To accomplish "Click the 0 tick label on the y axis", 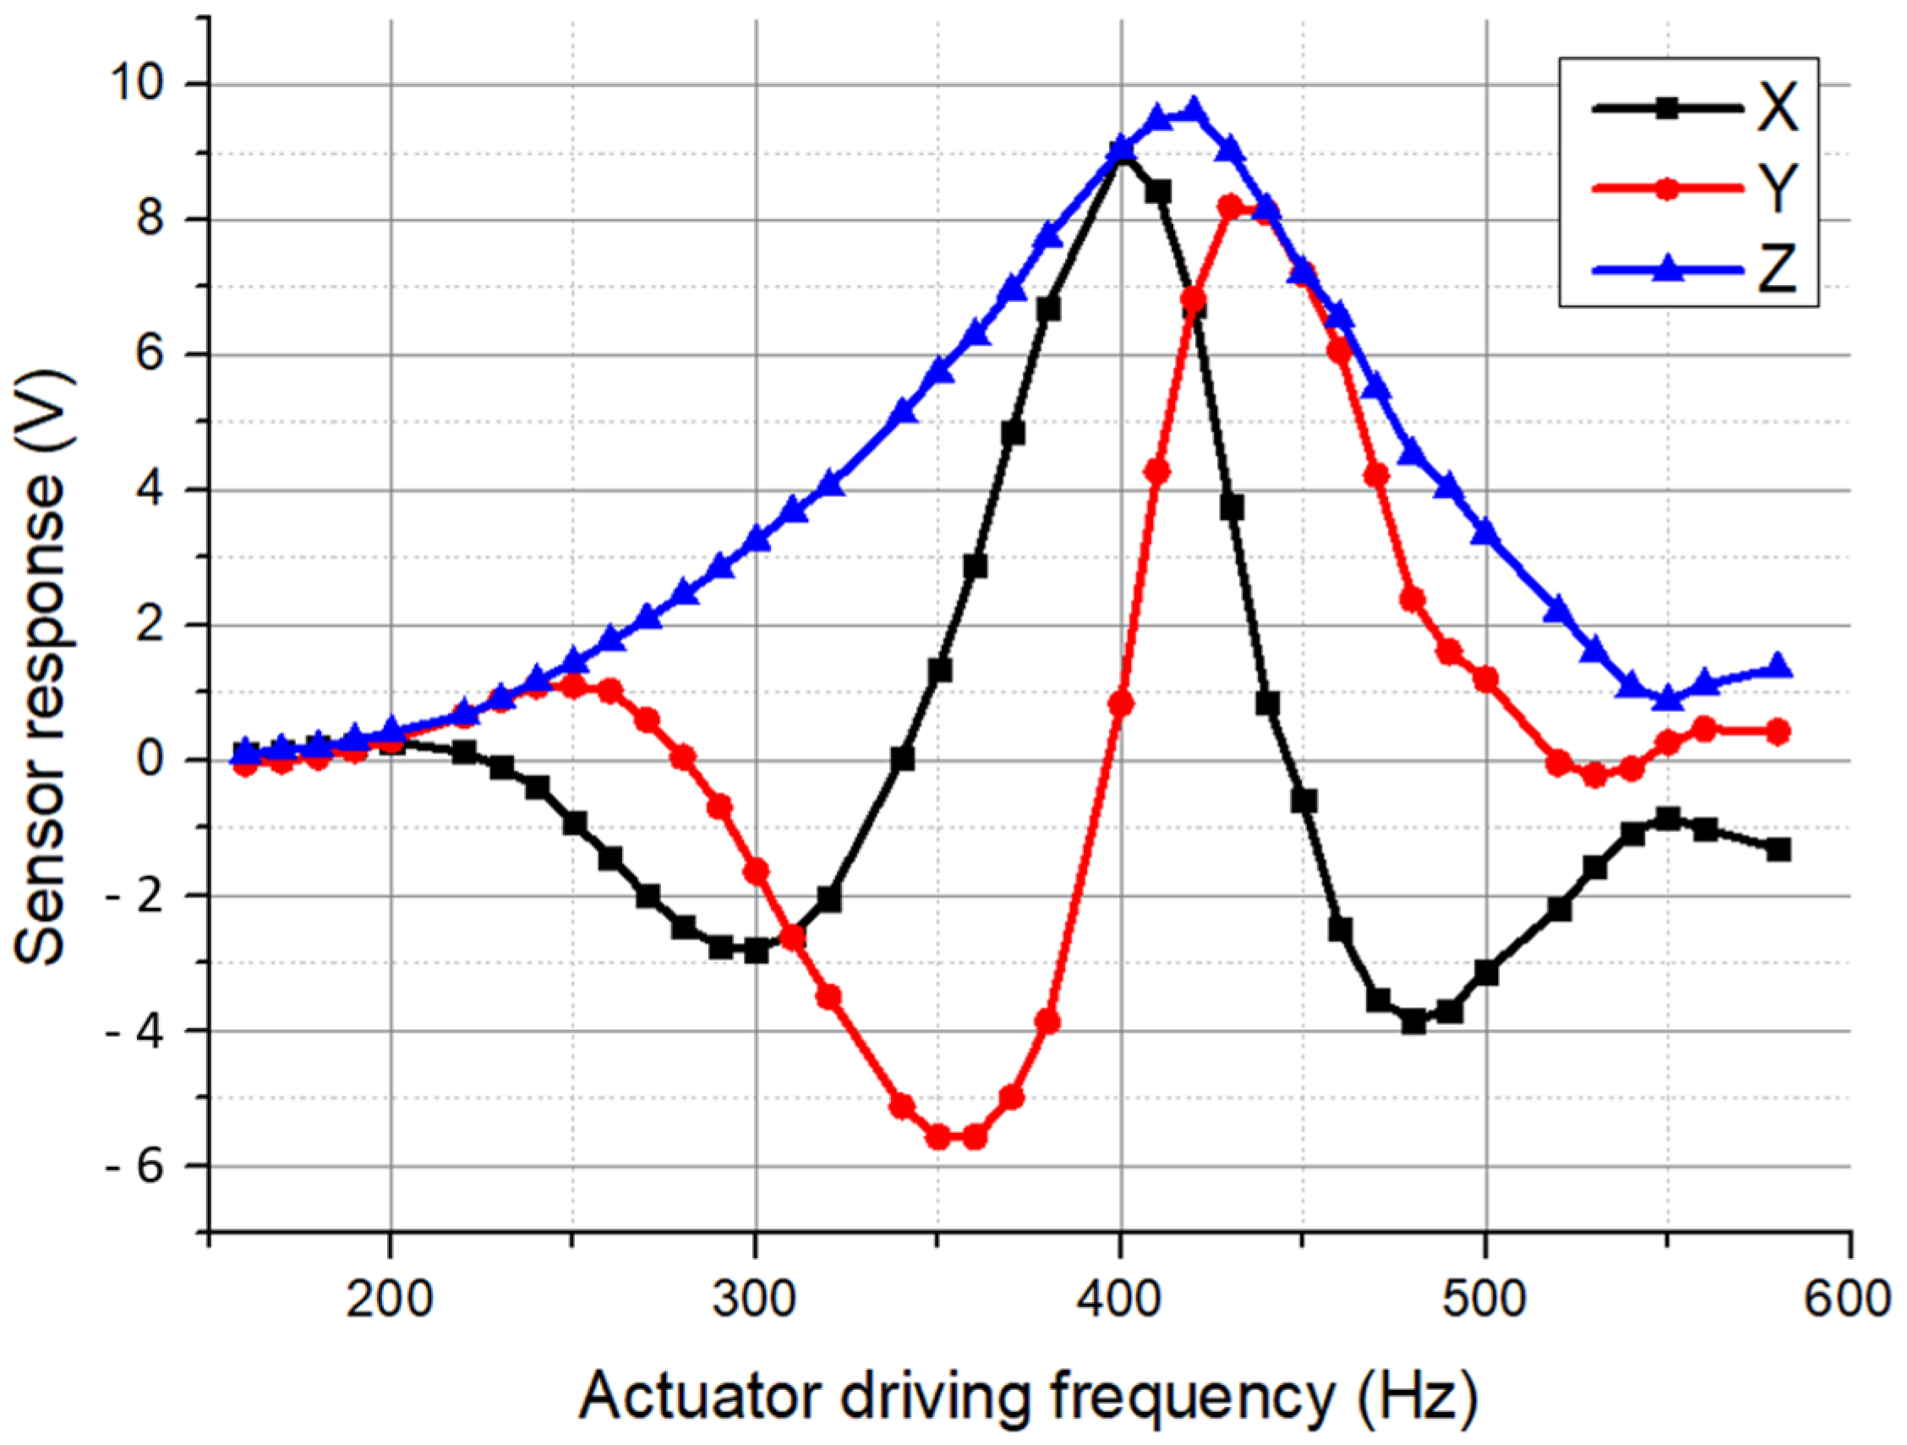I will [x=167, y=760].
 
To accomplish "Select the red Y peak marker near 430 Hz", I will [x=1230, y=207].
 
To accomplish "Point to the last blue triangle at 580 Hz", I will [x=1778, y=665].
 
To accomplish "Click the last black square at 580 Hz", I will [x=1778, y=850].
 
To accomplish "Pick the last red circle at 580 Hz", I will [x=1778, y=732].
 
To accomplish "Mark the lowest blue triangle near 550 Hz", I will [x=1668, y=697].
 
